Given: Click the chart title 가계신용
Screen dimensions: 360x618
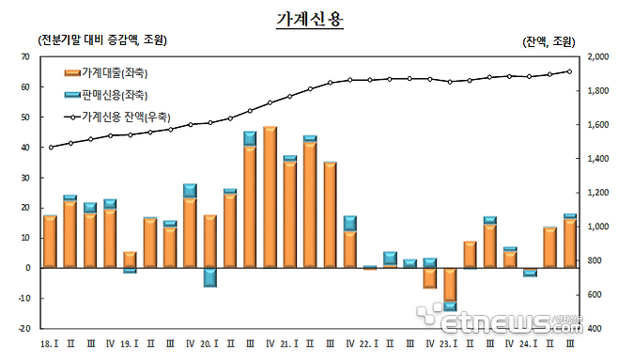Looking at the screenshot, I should pos(308,20).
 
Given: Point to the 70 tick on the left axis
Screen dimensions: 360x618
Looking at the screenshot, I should pos(25,56).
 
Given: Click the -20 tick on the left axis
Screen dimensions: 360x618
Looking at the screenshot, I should pos(23,329).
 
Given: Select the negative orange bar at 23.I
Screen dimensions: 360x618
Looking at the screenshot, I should pos(450,284).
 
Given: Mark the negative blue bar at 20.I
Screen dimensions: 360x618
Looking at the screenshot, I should pos(210,277).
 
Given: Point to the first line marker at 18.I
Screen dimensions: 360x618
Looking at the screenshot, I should pos(50,147).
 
